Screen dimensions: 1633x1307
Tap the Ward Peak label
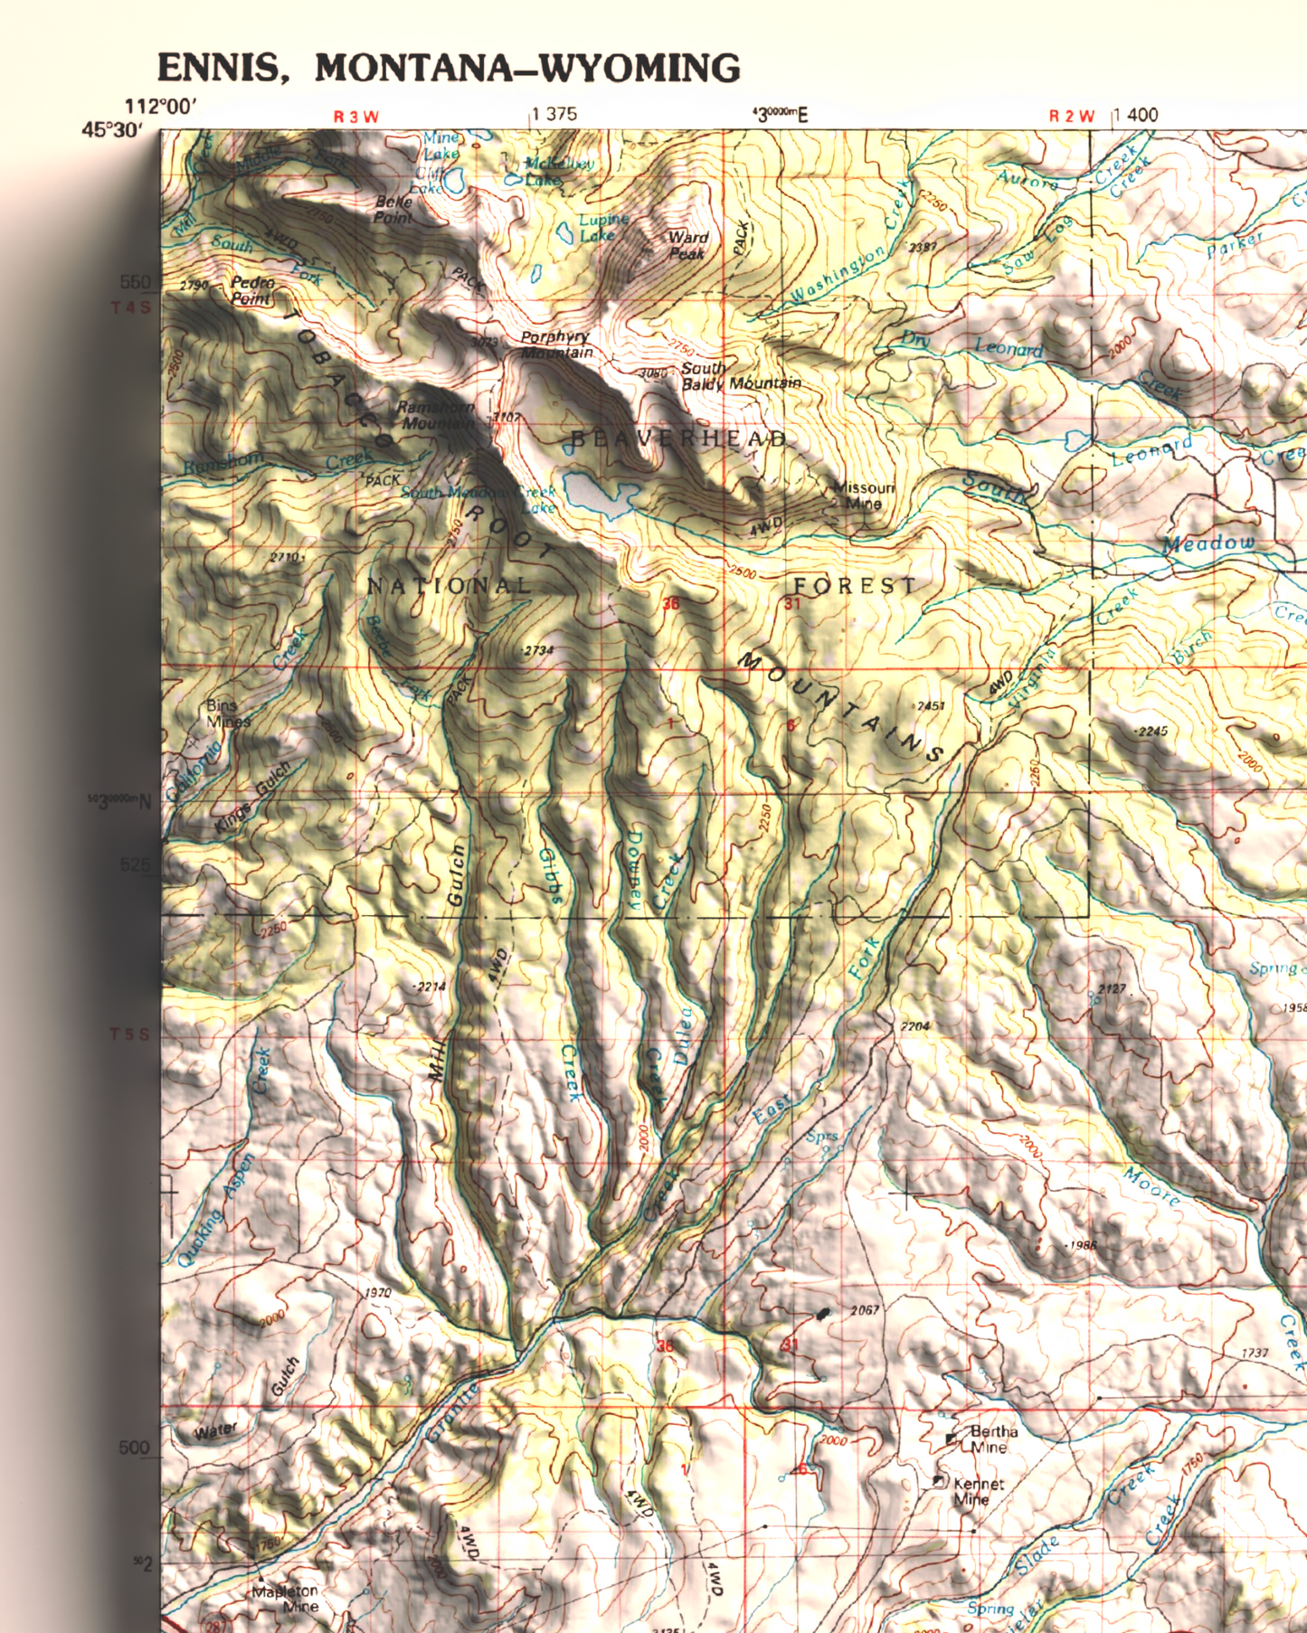pyautogui.click(x=687, y=245)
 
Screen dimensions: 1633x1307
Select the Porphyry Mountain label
pyautogui.click(x=556, y=345)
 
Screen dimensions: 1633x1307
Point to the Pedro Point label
pyautogui.click(x=251, y=289)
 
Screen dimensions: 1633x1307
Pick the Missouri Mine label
pyautogui.click(x=863, y=495)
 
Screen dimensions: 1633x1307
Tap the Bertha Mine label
pyautogui.click(x=992, y=1439)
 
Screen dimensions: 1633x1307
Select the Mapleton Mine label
pyautogui.click(x=287, y=1599)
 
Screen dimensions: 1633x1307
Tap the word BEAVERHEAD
pyautogui.click(x=678, y=439)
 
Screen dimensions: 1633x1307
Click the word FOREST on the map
pyautogui.click(x=855, y=586)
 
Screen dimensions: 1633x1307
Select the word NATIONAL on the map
pyautogui.click(x=450, y=586)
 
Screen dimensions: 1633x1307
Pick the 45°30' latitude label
pyautogui.click(x=112, y=130)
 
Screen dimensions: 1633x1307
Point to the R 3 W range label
pyautogui.click(x=356, y=117)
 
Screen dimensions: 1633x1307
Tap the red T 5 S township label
pyautogui.click(x=130, y=1034)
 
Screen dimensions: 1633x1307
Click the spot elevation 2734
pyautogui.click(x=538, y=650)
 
